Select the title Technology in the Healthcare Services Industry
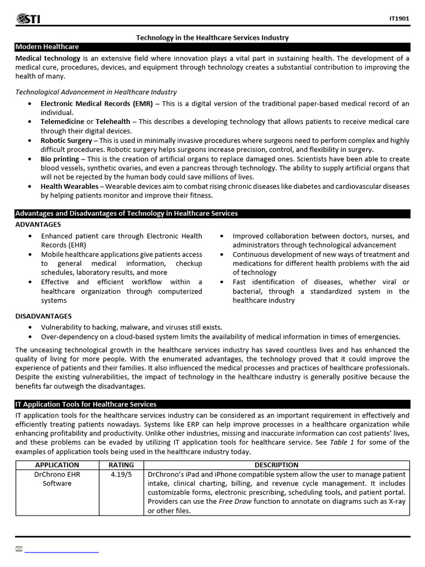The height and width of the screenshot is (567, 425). (212, 38)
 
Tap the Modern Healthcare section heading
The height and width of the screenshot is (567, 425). (47, 47)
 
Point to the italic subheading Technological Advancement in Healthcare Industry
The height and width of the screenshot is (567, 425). (96, 92)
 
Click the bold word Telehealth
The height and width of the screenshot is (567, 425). (113, 122)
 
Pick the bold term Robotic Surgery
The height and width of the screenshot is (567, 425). (66, 141)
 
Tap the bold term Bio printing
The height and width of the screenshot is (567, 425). (60, 159)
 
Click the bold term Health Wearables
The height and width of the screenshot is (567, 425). (69, 187)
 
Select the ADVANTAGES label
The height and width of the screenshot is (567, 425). (38, 224)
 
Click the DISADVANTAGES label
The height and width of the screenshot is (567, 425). (44, 316)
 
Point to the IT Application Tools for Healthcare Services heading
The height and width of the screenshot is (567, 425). (86, 404)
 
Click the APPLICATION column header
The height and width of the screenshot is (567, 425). (57, 465)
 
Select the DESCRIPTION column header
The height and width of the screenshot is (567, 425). (276, 465)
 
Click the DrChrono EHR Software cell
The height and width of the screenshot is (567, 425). (57, 479)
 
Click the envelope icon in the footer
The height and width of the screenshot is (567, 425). (19, 549)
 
